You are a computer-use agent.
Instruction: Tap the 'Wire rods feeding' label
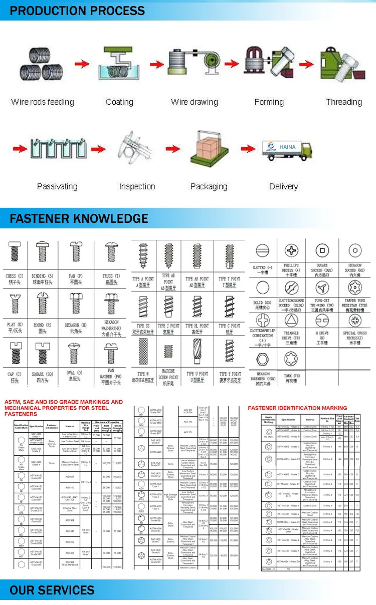[43, 102]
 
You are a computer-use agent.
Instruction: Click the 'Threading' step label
[344, 102]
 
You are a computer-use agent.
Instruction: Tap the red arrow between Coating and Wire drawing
[154, 64]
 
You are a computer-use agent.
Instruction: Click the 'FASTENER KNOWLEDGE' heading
[79, 219]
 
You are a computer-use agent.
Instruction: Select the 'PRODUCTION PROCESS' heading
[78, 11]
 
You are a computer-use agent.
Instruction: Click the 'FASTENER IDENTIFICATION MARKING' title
[297, 408]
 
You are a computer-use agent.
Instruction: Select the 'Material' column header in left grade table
[69, 427]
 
